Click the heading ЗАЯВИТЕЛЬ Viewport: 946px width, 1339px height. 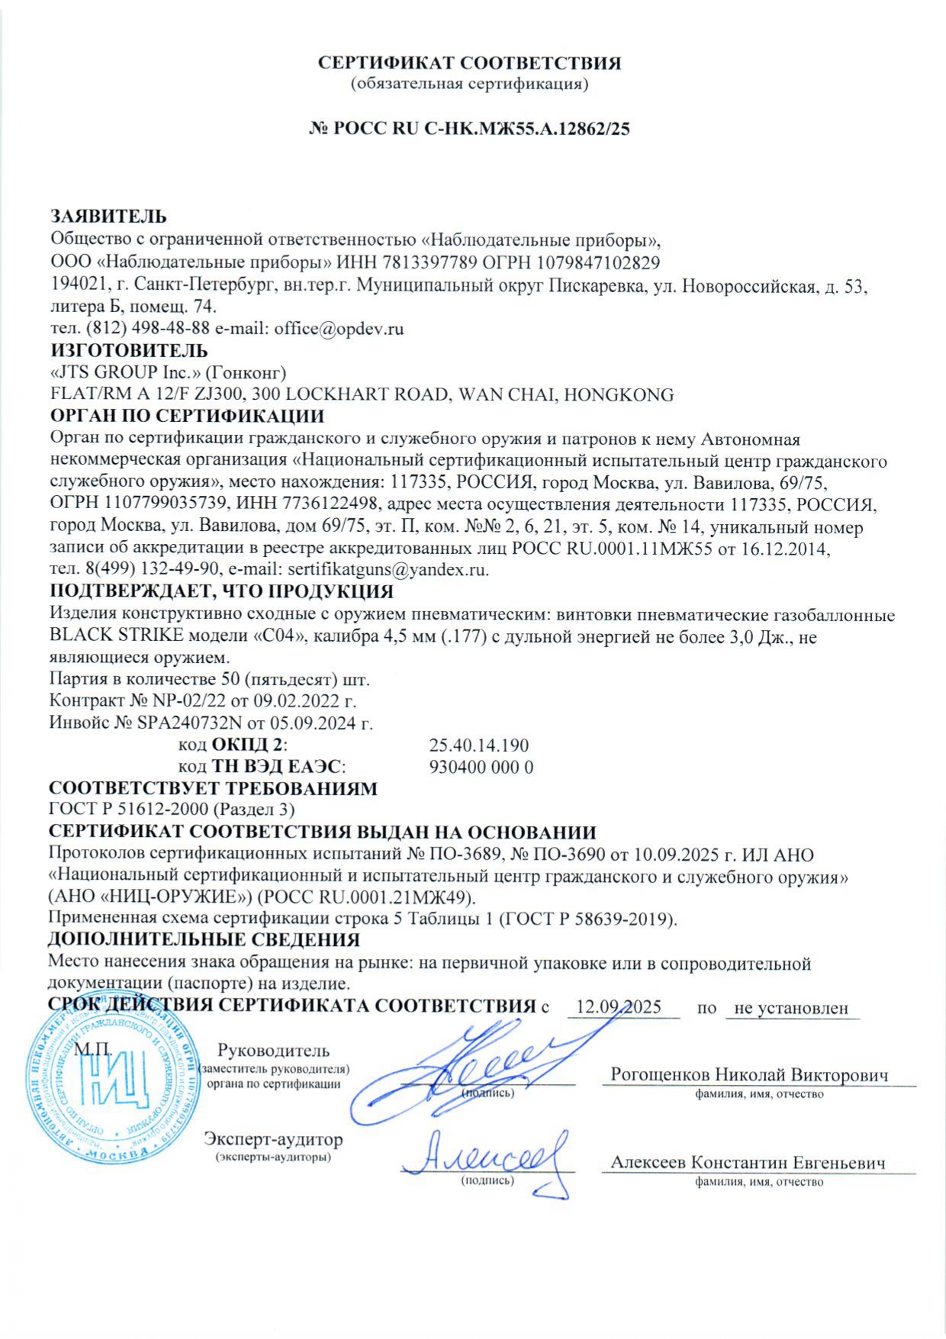(x=108, y=217)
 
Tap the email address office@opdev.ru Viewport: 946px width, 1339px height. (x=339, y=329)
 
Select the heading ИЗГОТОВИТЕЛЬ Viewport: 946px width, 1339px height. (x=128, y=351)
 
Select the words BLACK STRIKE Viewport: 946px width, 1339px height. (x=116, y=636)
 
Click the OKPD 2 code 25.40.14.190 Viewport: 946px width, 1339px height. (x=479, y=745)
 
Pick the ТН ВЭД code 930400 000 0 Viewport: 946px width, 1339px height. (x=481, y=767)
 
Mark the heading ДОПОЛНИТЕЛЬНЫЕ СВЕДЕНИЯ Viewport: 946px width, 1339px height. (x=204, y=940)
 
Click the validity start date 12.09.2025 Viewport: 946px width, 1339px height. (x=619, y=1007)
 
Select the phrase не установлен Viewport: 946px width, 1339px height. (x=791, y=1008)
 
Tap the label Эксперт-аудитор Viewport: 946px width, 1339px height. (x=273, y=1140)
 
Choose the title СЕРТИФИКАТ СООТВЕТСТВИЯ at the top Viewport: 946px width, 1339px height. (x=469, y=63)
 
